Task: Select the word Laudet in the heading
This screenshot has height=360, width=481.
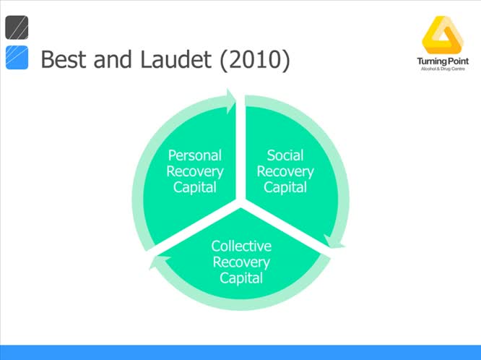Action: (x=168, y=59)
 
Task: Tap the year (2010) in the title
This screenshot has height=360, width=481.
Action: (x=253, y=59)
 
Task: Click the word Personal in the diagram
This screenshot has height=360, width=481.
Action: (x=194, y=155)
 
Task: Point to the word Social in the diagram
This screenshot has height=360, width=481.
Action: (x=285, y=155)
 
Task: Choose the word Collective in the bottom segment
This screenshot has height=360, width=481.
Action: (x=240, y=247)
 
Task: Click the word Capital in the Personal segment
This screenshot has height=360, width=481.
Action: (x=194, y=187)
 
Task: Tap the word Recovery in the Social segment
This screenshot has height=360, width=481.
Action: (x=285, y=171)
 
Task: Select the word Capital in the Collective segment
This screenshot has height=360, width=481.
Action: (x=240, y=278)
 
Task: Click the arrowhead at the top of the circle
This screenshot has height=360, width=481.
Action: (x=231, y=100)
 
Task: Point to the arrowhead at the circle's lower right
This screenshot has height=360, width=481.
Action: (x=334, y=241)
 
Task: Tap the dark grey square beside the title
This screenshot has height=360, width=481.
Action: (x=17, y=27)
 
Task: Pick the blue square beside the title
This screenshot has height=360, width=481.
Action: (x=17, y=58)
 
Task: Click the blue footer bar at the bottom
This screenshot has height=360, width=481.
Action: (x=240, y=352)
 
